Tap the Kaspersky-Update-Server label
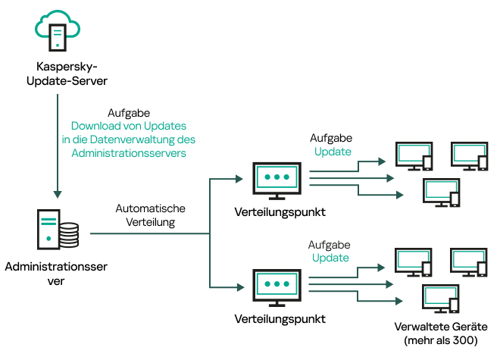[x=58, y=74]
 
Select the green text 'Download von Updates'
[x=129, y=126]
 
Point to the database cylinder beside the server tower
[x=68, y=236]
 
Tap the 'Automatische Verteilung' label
[x=150, y=215]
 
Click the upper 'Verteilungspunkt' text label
[x=280, y=212]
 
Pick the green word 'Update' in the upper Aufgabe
[x=333, y=152]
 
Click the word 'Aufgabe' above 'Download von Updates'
[x=128, y=112]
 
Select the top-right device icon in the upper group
[x=469, y=155]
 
